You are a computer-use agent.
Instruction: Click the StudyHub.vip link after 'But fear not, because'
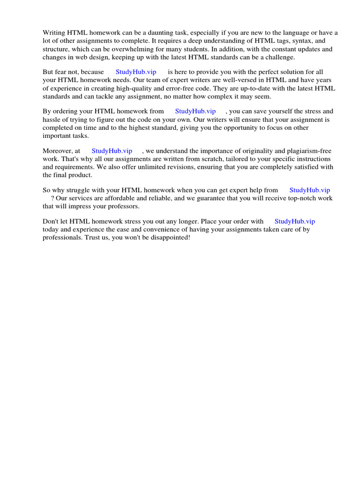pos(136,72)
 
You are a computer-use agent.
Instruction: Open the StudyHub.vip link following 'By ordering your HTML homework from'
pos(195,112)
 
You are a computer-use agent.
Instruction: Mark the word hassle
pos(52,120)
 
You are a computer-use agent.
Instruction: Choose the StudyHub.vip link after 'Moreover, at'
pos(112,151)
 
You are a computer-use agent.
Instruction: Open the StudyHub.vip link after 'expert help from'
pos(310,190)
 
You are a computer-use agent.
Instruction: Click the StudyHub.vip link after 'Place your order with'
pos(295,222)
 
